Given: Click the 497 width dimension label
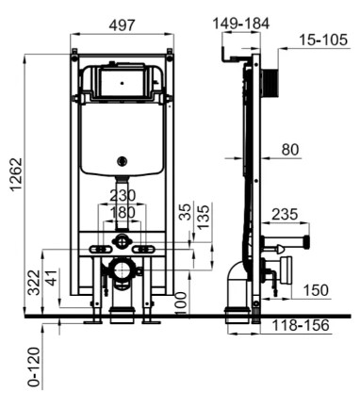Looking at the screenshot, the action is [123, 25].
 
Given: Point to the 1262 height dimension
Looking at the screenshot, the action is [16, 174].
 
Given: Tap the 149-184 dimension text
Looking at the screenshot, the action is [241, 24].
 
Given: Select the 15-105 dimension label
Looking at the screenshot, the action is [323, 40].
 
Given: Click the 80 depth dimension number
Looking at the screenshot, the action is [290, 150].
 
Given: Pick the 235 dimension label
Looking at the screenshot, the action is [285, 215].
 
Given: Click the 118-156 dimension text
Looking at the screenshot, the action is [301, 325].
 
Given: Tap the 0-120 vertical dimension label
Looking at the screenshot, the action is [34, 367].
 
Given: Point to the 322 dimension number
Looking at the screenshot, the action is [34, 283].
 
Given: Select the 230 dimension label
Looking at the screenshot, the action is [123, 196].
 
